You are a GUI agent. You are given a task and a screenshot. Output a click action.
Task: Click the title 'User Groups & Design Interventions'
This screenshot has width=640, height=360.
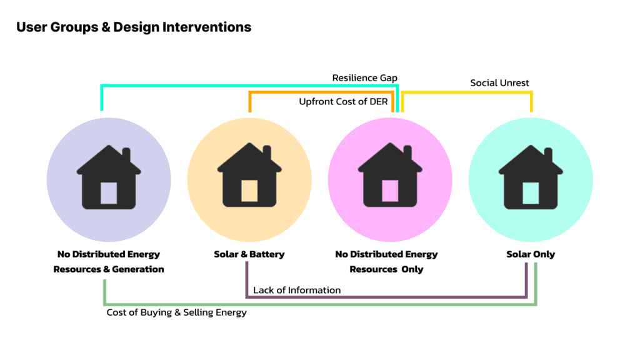point(134,27)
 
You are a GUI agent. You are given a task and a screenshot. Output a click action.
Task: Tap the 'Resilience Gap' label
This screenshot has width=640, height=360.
point(364,78)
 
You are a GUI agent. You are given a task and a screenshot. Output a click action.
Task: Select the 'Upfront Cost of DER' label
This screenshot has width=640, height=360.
point(343,101)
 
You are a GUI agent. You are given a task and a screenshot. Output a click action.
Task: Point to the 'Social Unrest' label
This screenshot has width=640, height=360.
point(499,83)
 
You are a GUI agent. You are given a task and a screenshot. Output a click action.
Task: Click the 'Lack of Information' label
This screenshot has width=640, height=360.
point(297,290)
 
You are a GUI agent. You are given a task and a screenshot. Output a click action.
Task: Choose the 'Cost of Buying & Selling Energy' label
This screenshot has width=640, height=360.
point(176,312)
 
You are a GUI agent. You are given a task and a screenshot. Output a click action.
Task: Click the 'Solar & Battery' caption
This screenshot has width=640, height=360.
point(249,254)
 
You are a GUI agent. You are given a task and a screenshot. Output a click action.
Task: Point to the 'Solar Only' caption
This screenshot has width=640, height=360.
point(531,254)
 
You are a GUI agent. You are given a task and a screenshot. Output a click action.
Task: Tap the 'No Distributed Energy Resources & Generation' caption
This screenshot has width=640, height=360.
point(109,262)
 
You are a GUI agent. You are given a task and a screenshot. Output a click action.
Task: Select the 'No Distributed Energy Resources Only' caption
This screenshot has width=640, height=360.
point(386,262)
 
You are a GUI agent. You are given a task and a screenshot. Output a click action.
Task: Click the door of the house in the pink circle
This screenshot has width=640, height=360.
point(390,191)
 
